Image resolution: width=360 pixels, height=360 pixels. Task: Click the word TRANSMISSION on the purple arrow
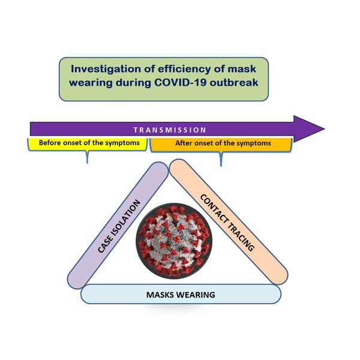[x=170, y=130]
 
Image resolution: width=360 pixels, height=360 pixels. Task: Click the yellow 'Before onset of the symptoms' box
[x=88, y=144]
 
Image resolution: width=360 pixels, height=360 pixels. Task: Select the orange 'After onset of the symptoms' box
[x=221, y=144]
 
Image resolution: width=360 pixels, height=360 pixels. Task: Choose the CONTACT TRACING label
[x=227, y=223]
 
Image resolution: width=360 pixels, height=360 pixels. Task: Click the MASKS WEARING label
[x=181, y=295]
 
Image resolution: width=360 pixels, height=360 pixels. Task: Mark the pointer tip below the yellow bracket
[x=88, y=163]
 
